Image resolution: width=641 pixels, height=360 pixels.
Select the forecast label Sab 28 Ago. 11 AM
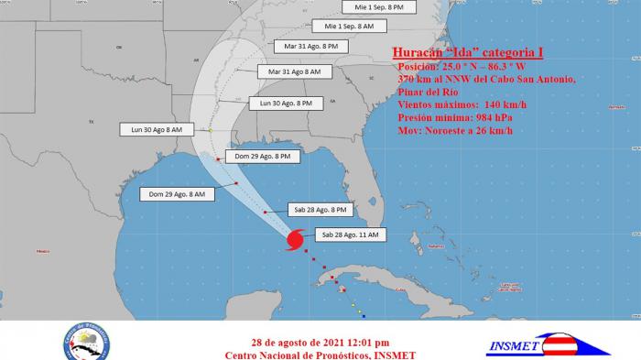pos(350,235)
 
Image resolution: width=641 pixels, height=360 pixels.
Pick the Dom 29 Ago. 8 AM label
pos(177,194)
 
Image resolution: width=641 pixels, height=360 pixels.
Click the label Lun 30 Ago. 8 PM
pos(286,104)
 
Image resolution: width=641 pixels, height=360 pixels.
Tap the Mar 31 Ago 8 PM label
pos(310,45)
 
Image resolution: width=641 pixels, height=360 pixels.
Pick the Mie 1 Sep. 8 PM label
pos(378,6)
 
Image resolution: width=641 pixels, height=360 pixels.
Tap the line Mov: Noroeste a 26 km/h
pos(455,131)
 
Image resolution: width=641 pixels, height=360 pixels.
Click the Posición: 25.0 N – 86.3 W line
pos(461,67)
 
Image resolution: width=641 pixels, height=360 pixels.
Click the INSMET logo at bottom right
pos(548,343)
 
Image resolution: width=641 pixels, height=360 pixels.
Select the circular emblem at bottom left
pos(88,341)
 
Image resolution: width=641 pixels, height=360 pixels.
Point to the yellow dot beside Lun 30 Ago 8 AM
pos(210,131)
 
